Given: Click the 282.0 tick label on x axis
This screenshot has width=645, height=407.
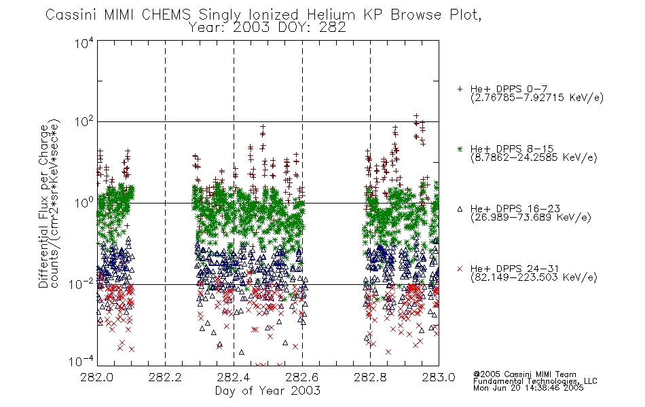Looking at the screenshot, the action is (96, 377).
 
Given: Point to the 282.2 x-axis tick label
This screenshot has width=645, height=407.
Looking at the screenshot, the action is (165, 377).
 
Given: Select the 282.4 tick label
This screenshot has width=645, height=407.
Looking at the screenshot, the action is (234, 377).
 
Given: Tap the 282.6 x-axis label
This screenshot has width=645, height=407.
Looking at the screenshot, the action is (302, 377).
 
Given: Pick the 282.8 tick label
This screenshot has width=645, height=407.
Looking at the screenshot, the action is (370, 377).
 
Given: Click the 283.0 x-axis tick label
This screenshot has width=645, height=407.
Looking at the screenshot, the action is (439, 377).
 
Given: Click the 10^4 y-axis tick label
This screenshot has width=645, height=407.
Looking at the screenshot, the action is (84, 43).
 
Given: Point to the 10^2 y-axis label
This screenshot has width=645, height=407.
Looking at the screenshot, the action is (84, 121).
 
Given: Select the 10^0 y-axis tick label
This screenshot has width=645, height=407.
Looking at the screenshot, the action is (84, 203).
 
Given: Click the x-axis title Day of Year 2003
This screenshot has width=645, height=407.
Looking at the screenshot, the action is (268, 391).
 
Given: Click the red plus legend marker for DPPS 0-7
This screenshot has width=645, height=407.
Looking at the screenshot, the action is (460, 89).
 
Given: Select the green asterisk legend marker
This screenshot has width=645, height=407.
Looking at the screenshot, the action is (460, 149).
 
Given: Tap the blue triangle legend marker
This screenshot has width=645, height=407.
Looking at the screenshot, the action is (460, 209).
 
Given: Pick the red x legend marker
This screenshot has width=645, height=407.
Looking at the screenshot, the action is (460, 269).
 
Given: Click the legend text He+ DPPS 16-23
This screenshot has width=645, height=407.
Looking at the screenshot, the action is (515, 208).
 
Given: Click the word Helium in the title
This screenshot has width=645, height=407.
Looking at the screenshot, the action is (331, 15).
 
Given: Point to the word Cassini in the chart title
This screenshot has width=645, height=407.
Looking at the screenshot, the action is (71, 15).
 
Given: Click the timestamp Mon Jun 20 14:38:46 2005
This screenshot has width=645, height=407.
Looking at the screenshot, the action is (528, 388).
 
